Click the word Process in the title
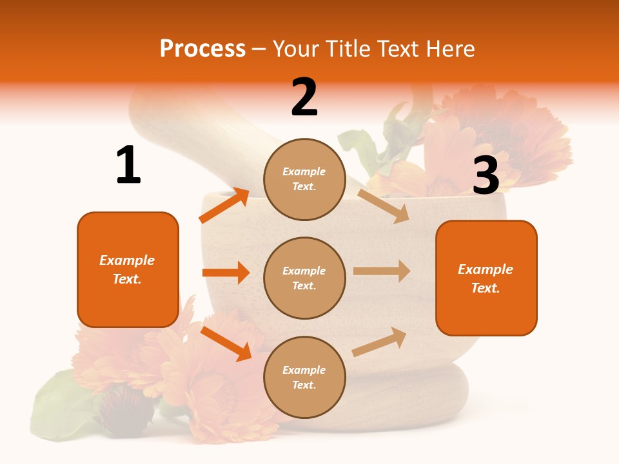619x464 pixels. (x=202, y=49)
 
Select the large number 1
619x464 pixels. (x=128, y=165)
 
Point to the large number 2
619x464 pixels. (x=304, y=97)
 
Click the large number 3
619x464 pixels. (x=486, y=175)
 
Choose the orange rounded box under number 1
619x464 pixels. (x=128, y=269)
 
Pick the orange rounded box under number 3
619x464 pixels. (x=486, y=278)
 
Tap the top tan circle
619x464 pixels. (x=304, y=179)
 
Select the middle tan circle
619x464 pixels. (x=304, y=278)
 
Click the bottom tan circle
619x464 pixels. (x=304, y=377)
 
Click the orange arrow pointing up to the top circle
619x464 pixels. (x=224, y=205)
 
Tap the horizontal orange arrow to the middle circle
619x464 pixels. (x=226, y=273)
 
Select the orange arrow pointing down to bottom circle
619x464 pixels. (x=226, y=343)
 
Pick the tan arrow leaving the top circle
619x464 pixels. (x=384, y=206)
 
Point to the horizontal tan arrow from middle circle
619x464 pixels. (x=382, y=271)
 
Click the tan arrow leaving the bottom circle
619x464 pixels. (x=380, y=342)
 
